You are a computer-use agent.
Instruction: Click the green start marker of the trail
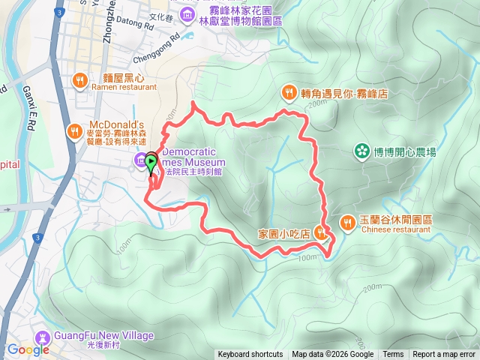[151, 160]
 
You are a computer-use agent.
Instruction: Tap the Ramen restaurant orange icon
[80, 80]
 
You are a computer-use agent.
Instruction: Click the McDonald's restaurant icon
[74, 132]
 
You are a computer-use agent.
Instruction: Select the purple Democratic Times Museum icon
[140, 160]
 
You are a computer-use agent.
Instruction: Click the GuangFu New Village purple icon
[43, 337]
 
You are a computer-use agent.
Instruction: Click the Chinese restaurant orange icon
[347, 223]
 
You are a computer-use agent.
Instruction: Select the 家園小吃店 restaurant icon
[322, 232]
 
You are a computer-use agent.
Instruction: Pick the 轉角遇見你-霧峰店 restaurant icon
[289, 92]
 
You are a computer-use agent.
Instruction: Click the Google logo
[28, 349]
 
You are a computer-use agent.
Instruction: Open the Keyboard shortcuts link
[250, 355]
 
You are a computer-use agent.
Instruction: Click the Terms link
[393, 355]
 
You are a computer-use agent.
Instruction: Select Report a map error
[444, 355]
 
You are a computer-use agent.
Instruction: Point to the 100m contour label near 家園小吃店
[307, 258]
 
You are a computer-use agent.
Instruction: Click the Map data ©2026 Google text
[333, 355]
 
